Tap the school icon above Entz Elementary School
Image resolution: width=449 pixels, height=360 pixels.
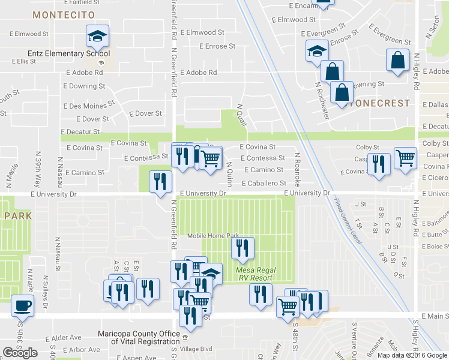click(x=96, y=37)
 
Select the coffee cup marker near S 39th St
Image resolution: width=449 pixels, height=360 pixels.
click(x=23, y=305)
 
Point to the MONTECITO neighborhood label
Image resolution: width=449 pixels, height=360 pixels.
click(x=64, y=14)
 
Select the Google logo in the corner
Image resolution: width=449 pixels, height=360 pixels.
click(x=20, y=353)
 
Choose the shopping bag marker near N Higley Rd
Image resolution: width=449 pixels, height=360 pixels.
click(x=397, y=61)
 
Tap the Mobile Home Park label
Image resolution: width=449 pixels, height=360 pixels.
click(x=212, y=236)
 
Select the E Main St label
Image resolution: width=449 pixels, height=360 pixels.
click(x=435, y=316)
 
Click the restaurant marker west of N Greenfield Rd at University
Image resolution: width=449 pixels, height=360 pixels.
click(x=160, y=182)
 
